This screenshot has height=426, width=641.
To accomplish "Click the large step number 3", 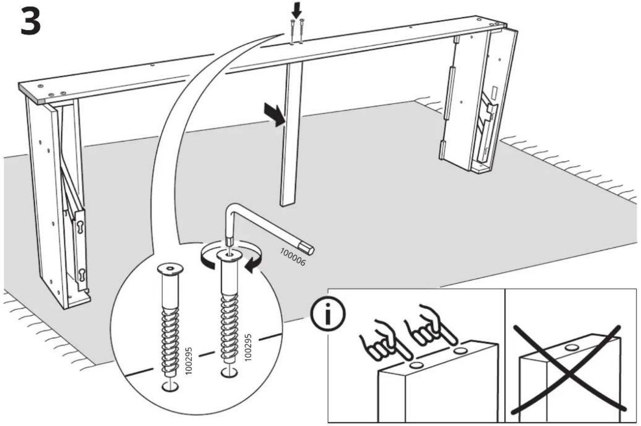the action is [x=31, y=22].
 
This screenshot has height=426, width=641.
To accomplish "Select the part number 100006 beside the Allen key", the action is [x=292, y=257].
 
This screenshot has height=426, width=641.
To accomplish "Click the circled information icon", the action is [x=328, y=314].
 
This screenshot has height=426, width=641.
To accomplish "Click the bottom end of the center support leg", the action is [x=287, y=204].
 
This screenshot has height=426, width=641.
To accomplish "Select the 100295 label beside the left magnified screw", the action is [x=188, y=360].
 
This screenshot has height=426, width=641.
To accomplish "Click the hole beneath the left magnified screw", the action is [x=170, y=387].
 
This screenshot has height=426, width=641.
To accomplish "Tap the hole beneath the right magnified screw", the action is [x=229, y=373].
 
